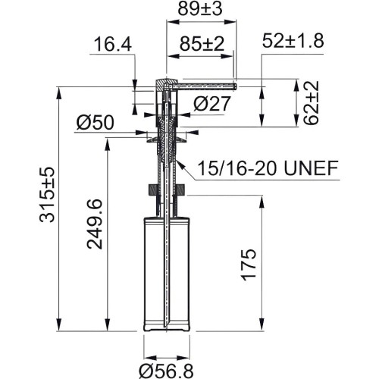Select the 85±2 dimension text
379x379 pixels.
click(201, 45)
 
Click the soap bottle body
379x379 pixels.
click(166, 273)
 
